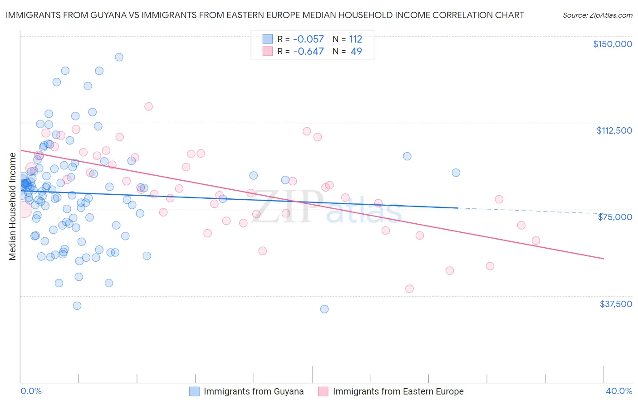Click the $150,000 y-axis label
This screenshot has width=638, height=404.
(612, 44)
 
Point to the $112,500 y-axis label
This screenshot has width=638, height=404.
(614, 130)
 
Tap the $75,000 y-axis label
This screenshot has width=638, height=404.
(615, 217)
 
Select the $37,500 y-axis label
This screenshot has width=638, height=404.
(616, 304)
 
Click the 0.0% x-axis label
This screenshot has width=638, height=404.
(31, 391)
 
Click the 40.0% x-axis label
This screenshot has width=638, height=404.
(619, 391)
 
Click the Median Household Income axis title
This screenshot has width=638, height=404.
(13, 207)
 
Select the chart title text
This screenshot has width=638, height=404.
(265, 15)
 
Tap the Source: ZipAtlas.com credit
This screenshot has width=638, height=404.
(597, 15)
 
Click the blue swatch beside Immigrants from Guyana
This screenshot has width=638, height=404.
(195, 391)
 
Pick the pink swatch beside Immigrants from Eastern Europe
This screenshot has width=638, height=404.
(323, 391)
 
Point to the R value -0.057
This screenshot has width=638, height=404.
(309, 39)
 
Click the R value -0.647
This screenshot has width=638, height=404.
(309, 52)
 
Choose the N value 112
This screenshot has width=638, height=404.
(356, 39)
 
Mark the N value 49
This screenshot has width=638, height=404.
(356, 52)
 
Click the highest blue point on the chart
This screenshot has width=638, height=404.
(119, 57)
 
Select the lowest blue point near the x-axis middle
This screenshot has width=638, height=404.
(324, 309)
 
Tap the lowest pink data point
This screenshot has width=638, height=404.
(409, 289)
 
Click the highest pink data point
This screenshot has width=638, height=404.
(148, 106)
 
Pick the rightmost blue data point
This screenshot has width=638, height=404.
(456, 173)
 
